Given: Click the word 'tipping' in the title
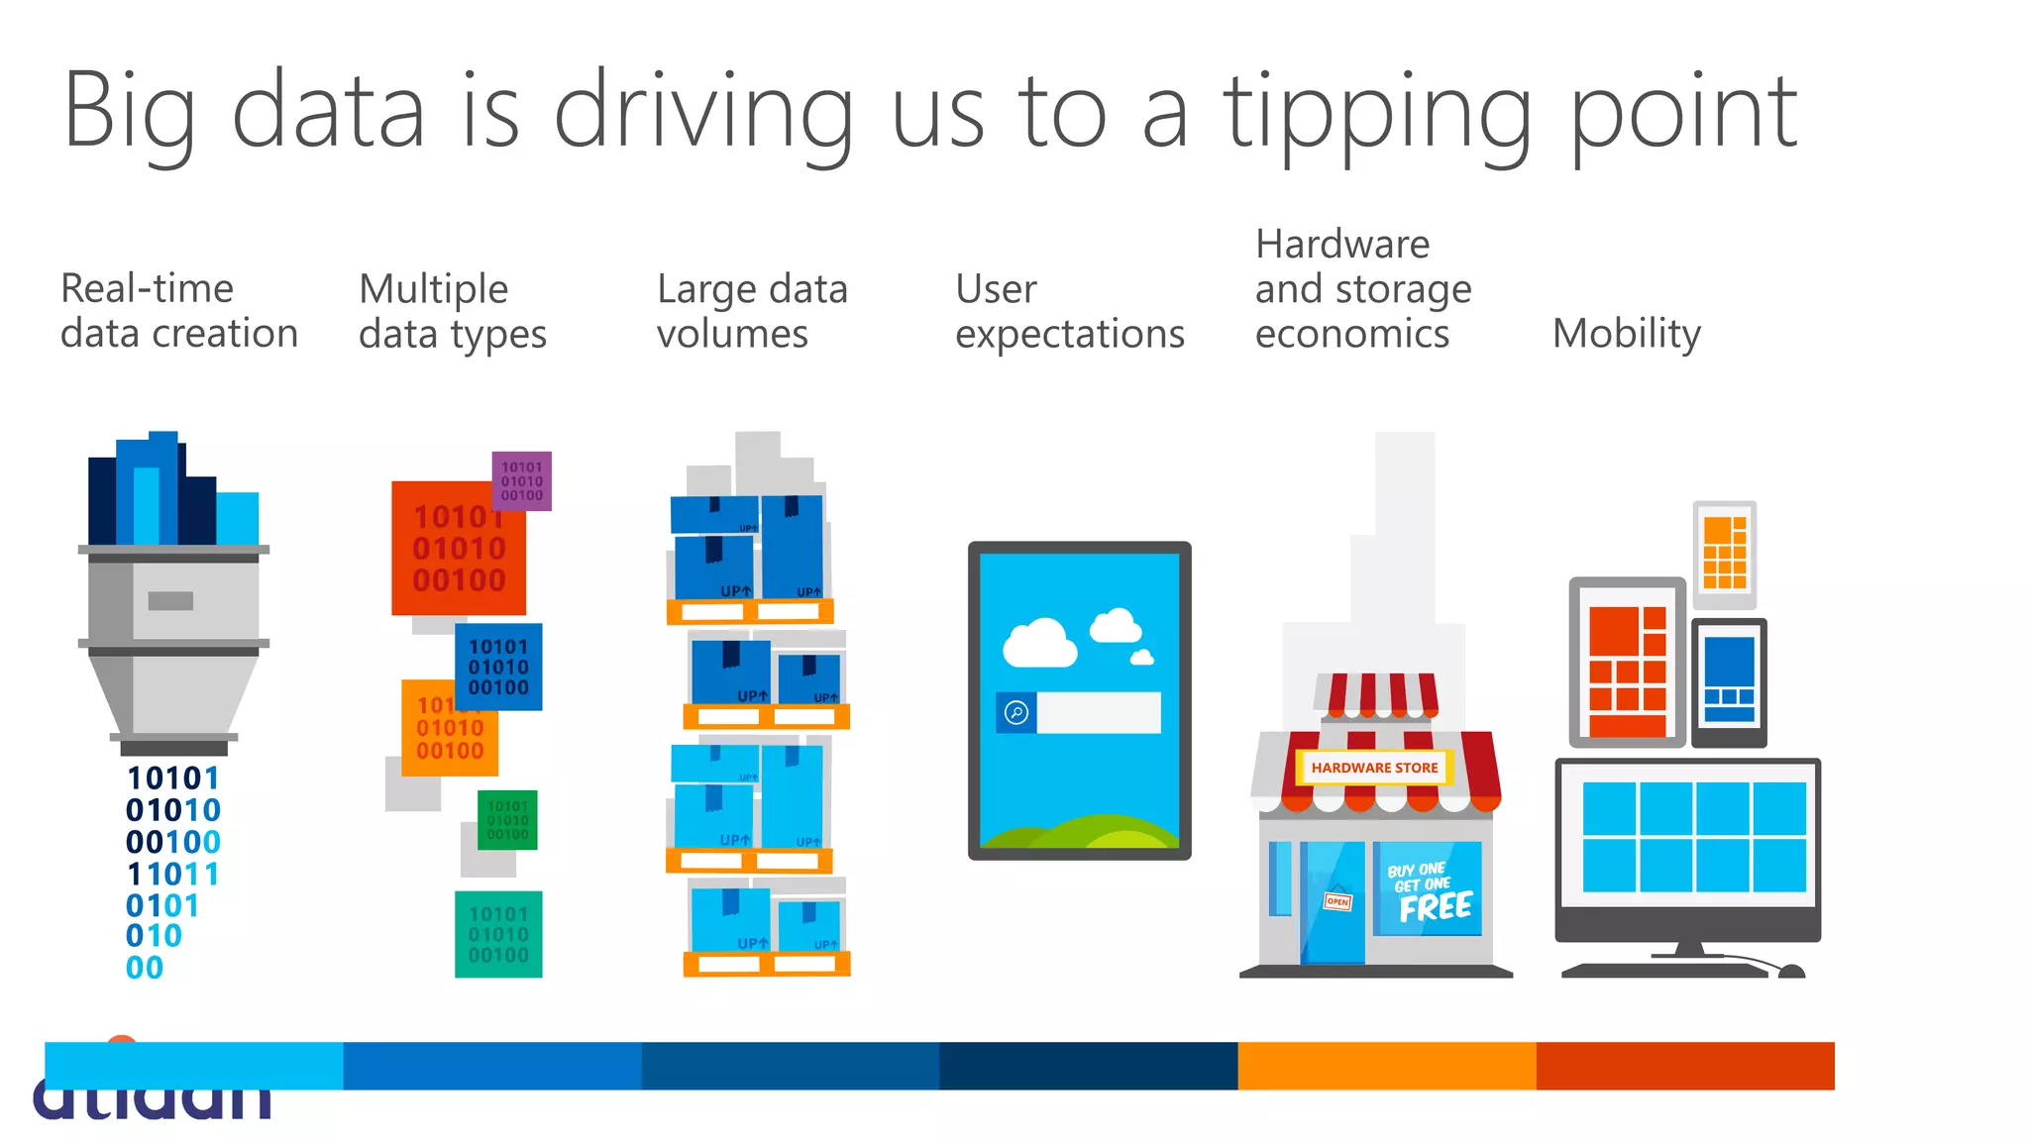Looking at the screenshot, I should coord(1377,114).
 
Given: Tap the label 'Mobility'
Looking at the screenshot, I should coord(1627,334).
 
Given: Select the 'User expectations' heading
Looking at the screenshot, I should coord(1070,311).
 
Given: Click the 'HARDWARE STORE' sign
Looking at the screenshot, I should coord(1374,768).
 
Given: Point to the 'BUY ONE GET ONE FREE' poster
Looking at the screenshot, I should coord(1428,889).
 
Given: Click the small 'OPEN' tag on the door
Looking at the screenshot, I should coord(1337,901).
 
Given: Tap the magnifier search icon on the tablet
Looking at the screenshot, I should coord(1016,712).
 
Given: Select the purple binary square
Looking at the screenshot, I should coord(522,480).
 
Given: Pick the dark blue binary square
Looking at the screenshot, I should coord(498,667).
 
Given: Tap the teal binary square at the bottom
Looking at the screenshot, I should coord(498,934).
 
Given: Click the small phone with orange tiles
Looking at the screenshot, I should coord(1725,554).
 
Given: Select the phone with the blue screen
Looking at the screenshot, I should coord(1729,681).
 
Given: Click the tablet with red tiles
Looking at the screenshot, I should coord(1628,662).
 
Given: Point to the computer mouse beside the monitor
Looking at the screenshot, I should coord(1791,971).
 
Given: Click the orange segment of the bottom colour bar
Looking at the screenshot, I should coord(1387,1066).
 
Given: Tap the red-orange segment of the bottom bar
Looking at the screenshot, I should coord(1685,1066).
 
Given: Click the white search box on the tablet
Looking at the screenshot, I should coord(1098,712).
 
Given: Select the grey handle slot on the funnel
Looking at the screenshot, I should coord(170,600).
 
